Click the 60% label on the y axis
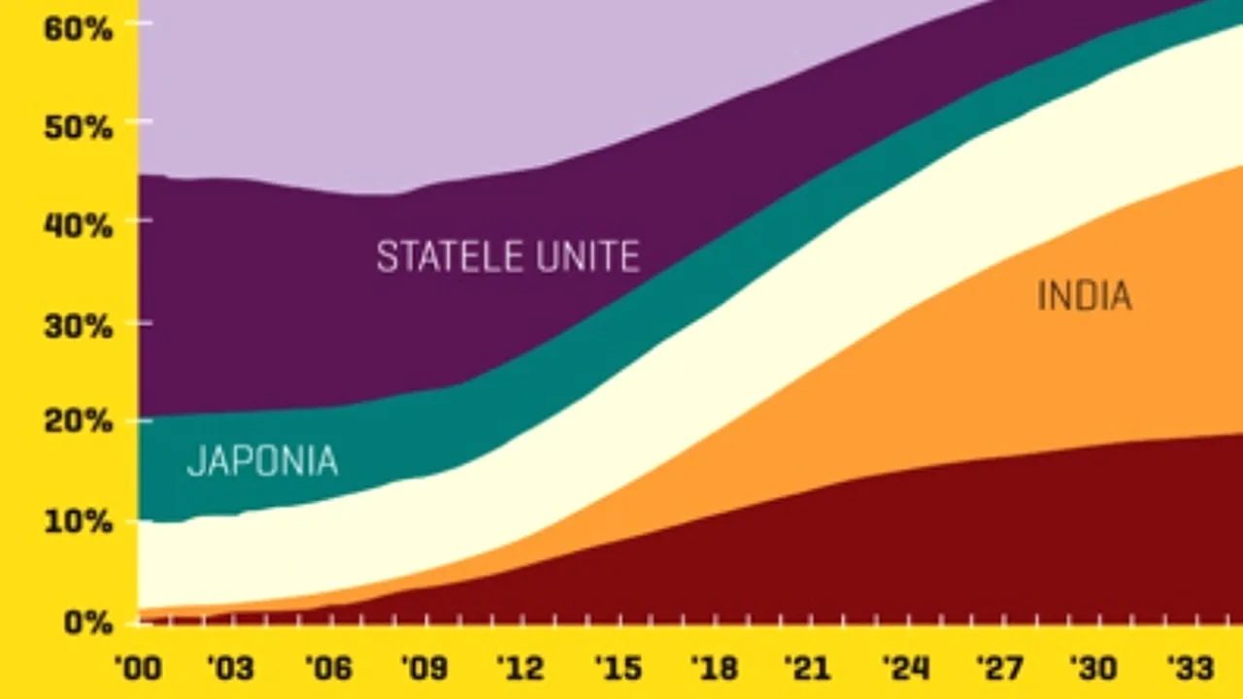coord(78,27)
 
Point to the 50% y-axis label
coord(78,126)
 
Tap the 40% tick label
coord(78,225)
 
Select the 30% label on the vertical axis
coord(78,324)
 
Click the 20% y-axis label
coord(78,423)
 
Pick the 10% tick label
coord(78,522)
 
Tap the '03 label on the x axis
coord(230,668)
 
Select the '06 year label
coord(326,668)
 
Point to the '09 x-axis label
coord(422,668)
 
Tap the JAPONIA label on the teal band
coord(262,461)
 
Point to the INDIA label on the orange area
coord(1085,295)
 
